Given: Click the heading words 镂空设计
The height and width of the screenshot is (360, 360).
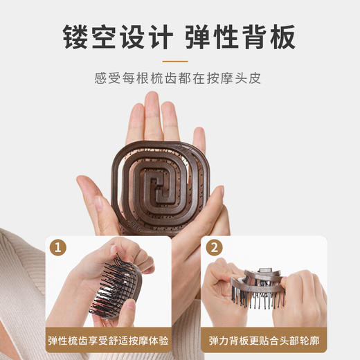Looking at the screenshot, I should click(118, 35).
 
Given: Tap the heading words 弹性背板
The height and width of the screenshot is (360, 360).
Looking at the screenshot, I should click(241, 35).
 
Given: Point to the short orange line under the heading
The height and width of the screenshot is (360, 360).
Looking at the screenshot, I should click(179, 60).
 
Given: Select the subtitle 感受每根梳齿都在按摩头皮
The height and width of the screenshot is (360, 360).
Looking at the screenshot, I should click(179, 78).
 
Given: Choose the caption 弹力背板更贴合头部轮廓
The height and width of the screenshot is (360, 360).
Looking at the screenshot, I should click(264, 341).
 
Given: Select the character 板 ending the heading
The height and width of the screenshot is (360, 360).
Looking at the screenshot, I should click(282, 35).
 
